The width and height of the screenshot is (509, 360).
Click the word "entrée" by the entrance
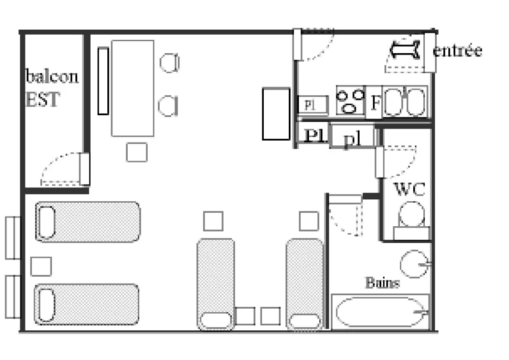click(457, 50)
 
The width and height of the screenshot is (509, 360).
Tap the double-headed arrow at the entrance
click(405, 50)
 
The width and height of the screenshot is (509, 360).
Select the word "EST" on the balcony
click(43, 99)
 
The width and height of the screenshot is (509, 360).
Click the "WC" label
click(410, 189)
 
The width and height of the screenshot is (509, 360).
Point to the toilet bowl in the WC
click(412, 214)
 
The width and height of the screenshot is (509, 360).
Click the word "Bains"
click(382, 283)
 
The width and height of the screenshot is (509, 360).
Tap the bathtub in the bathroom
click(380, 312)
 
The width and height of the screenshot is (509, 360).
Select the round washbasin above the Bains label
click(414, 264)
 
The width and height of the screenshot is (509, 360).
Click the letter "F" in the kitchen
click(375, 103)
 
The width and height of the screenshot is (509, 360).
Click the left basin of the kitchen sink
click(393, 102)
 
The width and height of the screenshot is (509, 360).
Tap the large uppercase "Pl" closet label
click(315, 135)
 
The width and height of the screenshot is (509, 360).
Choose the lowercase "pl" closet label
click(352, 139)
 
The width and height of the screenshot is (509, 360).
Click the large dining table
click(132, 88)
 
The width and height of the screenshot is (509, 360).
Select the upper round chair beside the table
click(169, 62)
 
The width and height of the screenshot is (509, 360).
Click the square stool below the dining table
click(137, 152)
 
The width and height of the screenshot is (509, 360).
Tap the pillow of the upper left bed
click(46, 222)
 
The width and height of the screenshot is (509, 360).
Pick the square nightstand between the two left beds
click(41, 267)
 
